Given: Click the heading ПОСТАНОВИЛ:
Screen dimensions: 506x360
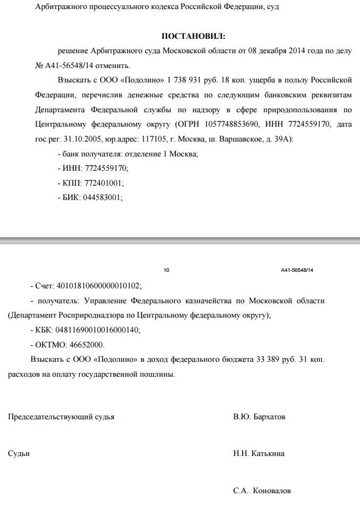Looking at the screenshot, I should (x=193, y=36).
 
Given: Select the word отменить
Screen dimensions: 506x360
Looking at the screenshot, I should (x=110, y=66).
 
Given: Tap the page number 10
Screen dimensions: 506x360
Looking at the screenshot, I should (x=166, y=271).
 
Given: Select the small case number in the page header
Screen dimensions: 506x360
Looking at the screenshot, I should (x=297, y=271).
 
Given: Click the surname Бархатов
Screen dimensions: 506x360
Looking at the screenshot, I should (x=269, y=417).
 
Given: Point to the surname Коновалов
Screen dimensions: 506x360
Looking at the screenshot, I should (x=272, y=491).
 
